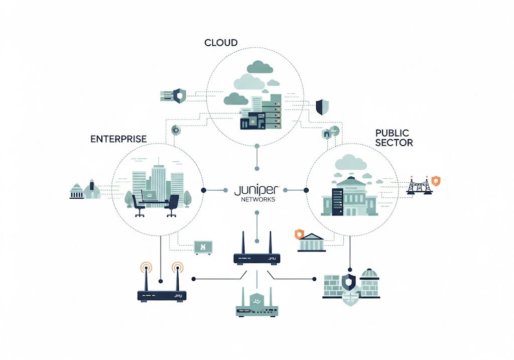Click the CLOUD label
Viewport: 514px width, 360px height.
click(221, 43)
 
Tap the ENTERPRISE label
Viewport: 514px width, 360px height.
click(118, 139)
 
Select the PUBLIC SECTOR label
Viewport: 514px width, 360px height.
click(394, 138)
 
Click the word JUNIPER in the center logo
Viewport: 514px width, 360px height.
click(256, 190)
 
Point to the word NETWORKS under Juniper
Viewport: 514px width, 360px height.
click(256, 199)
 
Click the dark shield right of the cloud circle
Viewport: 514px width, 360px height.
click(322, 106)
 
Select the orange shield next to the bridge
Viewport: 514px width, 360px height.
click(436, 181)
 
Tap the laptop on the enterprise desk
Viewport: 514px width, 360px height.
click(149, 195)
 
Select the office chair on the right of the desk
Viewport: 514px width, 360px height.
click(172, 205)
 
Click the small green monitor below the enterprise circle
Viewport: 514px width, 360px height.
click(203, 247)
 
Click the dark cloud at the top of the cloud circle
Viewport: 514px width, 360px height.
click(259, 67)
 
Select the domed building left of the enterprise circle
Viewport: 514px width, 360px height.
click(92, 189)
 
